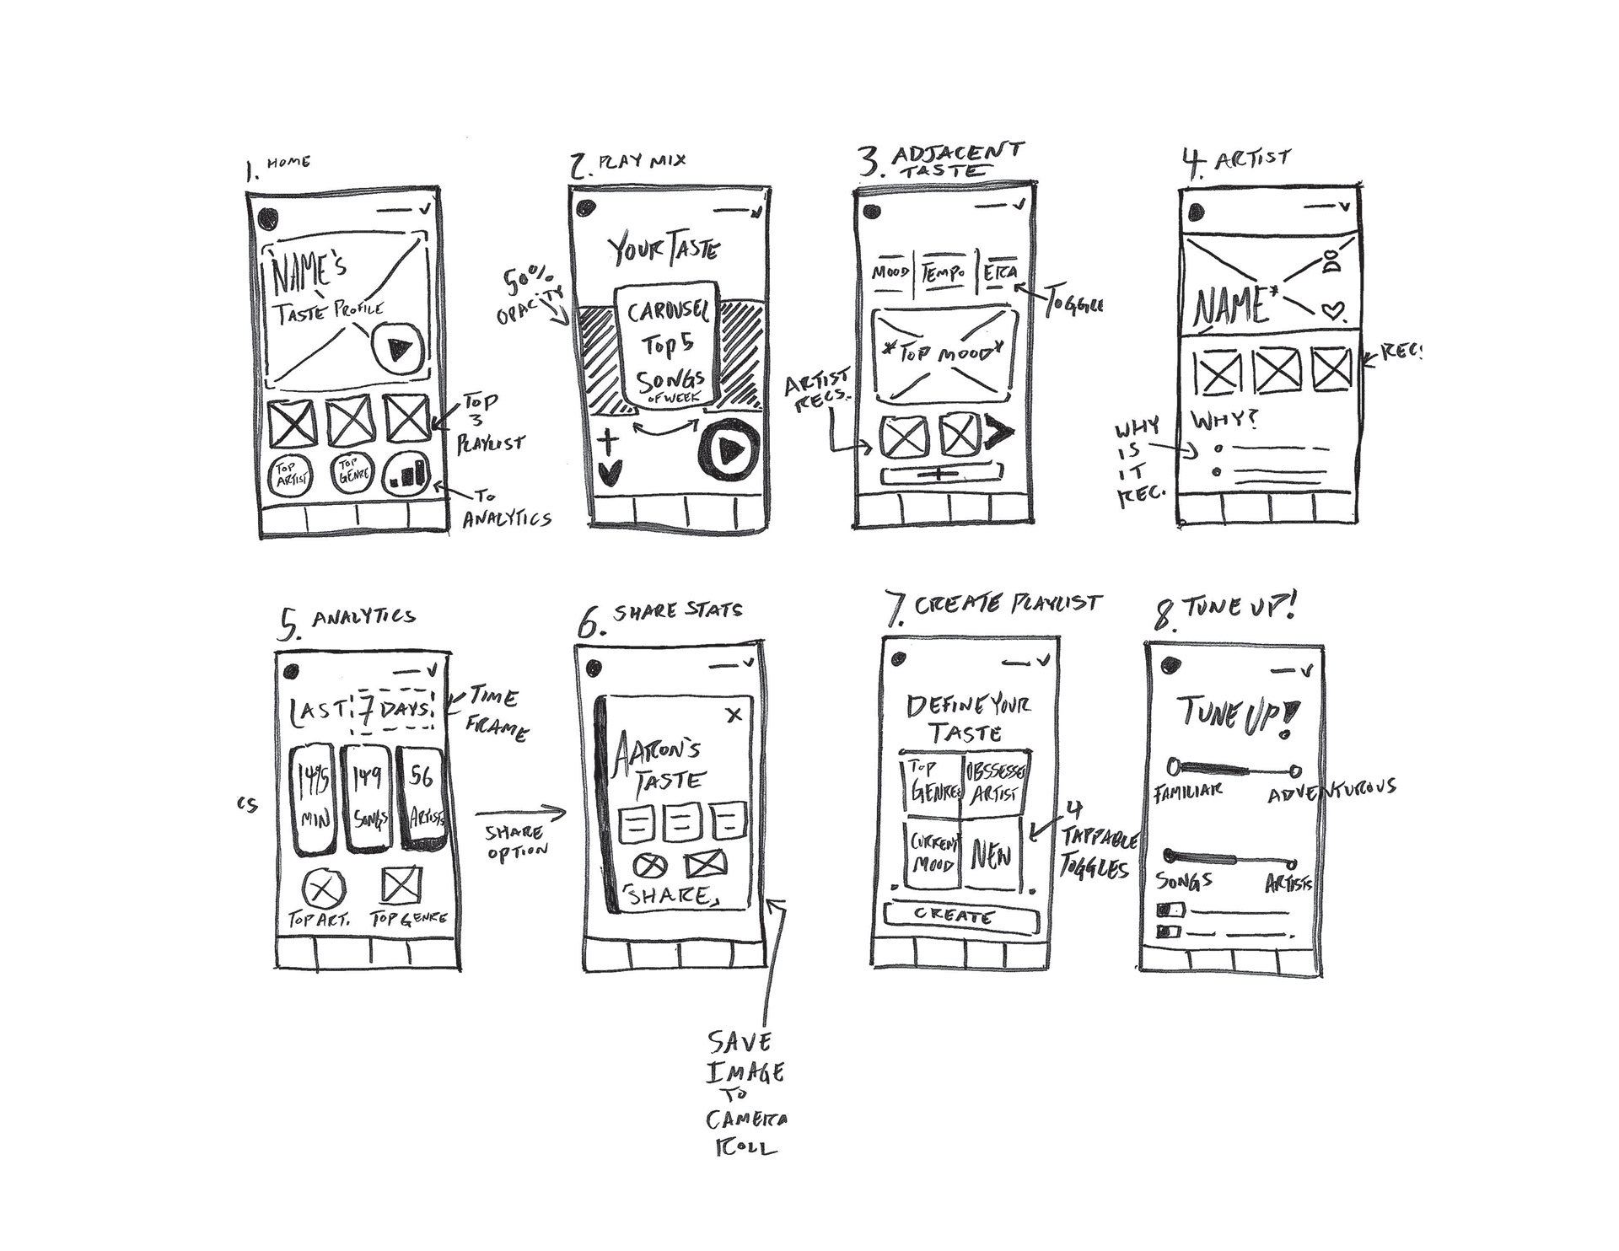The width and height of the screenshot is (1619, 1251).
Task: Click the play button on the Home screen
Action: pos(396,347)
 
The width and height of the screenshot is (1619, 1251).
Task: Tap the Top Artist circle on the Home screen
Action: pos(290,476)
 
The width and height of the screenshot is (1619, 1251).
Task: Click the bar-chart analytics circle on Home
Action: pos(407,475)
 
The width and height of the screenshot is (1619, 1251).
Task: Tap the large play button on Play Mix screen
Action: pos(729,451)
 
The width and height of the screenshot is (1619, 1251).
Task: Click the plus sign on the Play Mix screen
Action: pos(609,442)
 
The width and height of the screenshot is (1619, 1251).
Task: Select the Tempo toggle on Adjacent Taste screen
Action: pos(944,273)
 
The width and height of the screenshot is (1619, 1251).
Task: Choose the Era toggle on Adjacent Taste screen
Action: pos(1000,273)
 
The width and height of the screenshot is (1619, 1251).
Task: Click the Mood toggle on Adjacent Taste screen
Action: pos(890,273)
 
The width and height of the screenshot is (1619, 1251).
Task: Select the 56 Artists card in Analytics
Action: pos(422,797)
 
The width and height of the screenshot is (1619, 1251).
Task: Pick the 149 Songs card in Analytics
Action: pos(368,797)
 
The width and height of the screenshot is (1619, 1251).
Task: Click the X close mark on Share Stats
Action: pos(734,715)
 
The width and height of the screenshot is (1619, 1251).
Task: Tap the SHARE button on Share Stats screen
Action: pos(670,896)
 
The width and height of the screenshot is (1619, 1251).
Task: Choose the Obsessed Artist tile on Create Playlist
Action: pos(995,783)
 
